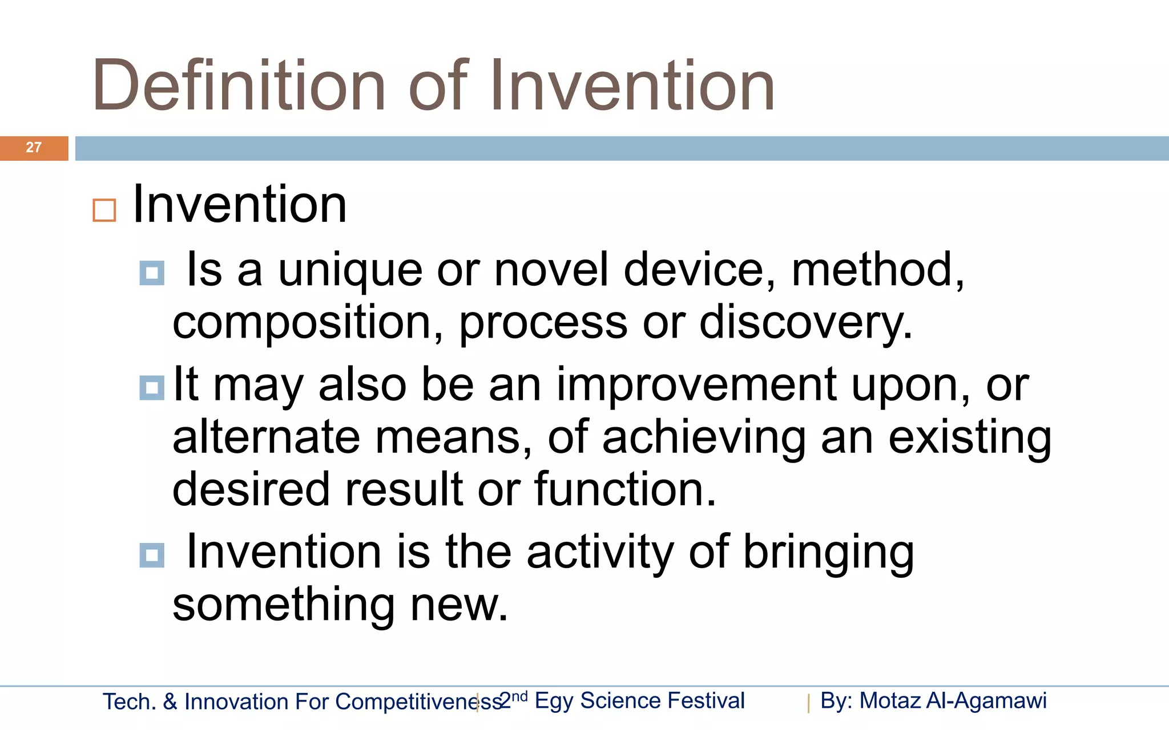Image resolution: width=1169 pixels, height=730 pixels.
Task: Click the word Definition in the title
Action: [239, 86]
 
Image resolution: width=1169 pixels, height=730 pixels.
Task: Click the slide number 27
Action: [34, 148]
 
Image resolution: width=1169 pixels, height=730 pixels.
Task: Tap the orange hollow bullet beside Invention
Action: [104, 210]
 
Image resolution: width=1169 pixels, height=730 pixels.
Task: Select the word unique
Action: [350, 270]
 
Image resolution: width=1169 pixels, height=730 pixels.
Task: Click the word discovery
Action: [805, 323]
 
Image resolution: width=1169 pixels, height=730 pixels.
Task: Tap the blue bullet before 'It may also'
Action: [152, 388]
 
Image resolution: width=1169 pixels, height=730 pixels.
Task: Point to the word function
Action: [624, 489]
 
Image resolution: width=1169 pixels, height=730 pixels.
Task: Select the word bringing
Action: [828, 551]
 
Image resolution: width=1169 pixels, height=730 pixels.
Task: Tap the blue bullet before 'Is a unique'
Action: [152, 273]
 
